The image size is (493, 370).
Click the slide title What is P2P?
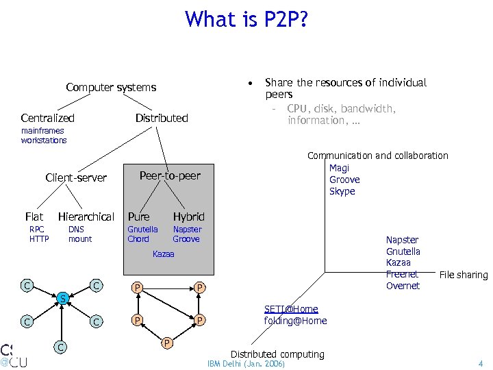(246, 19)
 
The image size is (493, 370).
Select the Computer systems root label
(111, 87)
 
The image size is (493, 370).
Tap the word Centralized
(47, 118)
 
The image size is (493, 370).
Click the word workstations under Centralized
(44, 140)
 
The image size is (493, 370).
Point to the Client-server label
(76, 177)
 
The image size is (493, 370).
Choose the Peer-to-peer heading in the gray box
(170, 175)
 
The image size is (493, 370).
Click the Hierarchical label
(86, 217)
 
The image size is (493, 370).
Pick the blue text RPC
(37, 230)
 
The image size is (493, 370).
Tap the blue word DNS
(76, 230)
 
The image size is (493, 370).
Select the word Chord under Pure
(138, 239)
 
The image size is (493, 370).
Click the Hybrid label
(188, 217)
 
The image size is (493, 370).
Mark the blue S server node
(62, 299)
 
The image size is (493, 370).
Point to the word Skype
(342, 191)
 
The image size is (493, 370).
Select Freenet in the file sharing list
(402, 274)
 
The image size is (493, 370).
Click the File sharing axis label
(463, 275)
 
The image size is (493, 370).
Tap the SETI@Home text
(291, 310)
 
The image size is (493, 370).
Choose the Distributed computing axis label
(277, 354)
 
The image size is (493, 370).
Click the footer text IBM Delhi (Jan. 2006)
(246, 364)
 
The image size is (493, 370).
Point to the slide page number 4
(481, 364)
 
